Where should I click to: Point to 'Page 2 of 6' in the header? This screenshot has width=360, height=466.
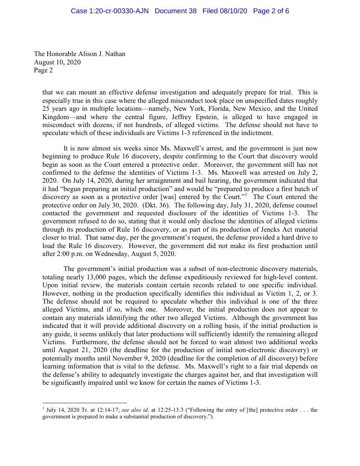pos(271,11)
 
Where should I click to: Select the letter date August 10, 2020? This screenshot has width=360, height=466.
pos(57,62)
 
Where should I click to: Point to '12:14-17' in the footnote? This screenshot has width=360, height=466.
pos(90,410)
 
